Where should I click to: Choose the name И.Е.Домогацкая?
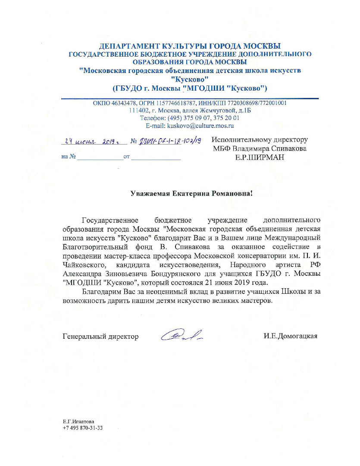click(x=291, y=336)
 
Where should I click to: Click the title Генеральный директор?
click(x=100, y=336)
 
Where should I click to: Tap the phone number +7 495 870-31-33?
click(x=82, y=428)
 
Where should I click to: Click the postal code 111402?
click(x=138, y=111)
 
